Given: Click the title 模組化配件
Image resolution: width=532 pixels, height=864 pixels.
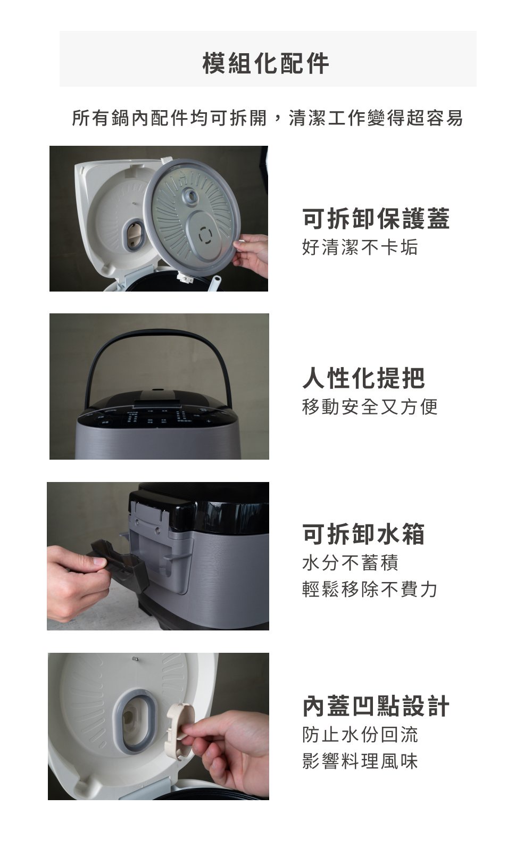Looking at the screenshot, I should [266, 63].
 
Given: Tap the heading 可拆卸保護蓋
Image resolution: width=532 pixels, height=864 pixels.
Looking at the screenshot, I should [376, 218].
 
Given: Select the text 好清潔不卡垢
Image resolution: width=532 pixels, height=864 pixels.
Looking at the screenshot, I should [360, 247].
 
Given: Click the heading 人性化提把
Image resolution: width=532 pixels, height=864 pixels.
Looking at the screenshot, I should [363, 378].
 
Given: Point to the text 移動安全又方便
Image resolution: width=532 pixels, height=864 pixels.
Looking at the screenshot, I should [370, 406].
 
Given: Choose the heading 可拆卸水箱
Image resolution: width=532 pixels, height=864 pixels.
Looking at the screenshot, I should [363, 534].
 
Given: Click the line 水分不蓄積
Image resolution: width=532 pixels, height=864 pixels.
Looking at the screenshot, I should [350, 562].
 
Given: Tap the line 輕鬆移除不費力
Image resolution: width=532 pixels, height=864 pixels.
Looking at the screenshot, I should [370, 589].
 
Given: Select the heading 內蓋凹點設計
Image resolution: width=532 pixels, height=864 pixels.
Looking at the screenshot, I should [376, 706].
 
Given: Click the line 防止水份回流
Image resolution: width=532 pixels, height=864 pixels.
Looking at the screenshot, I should [360, 735].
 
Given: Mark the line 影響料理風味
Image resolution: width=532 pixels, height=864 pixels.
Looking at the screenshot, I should [360, 761].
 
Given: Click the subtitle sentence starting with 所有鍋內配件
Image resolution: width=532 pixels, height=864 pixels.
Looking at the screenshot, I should [268, 118].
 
